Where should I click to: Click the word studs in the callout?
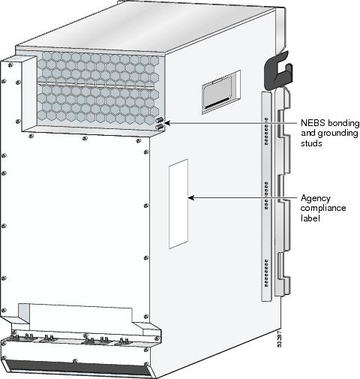click(x=311, y=143)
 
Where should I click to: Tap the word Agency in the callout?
click(x=316, y=199)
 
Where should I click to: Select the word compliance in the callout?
click(x=323, y=208)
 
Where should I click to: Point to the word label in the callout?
click(x=310, y=218)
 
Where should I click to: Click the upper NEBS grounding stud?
click(x=160, y=120)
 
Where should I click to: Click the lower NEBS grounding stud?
click(x=159, y=127)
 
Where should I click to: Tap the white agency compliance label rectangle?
click(x=178, y=203)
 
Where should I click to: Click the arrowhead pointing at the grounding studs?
click(x=167, y=123)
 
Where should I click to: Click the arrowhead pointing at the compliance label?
click(x=191, y=198)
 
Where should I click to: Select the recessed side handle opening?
click(x=220, y=92)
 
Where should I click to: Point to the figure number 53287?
click(x=280, y=338)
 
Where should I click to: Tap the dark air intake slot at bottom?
click(x=77, y=368)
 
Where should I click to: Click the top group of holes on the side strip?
click(x=266, y=131)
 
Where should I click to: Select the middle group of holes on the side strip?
click(x=266, y=195)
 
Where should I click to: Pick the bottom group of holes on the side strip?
click(x=266, y=272)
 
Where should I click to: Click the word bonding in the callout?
click(x=343, y=123)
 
